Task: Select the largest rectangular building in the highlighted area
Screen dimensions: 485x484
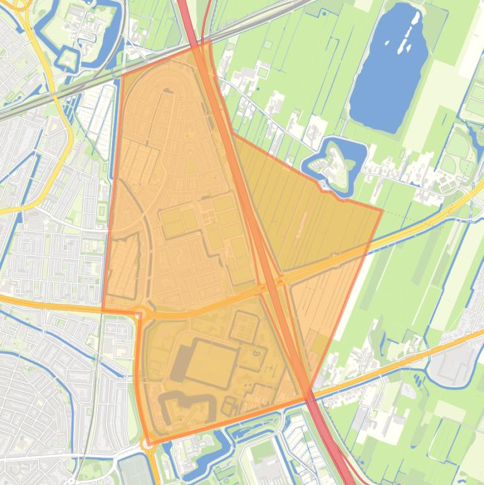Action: tap(211, 363)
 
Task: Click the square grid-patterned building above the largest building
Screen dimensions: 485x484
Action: tap(245, 326)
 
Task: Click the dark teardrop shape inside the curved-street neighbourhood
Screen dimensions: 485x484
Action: tap(167, 91)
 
